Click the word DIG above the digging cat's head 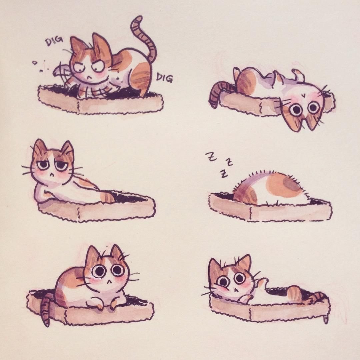coord(54,42)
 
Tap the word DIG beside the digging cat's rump coord(164,78)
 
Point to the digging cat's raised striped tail coord(144,37)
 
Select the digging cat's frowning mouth coord(89,76)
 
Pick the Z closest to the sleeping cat coord(223,174)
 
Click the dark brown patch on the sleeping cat coord(292,183)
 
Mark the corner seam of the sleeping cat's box coord(250,213)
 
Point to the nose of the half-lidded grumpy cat coord(53,175)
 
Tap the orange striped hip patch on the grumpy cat coord(107,197)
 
